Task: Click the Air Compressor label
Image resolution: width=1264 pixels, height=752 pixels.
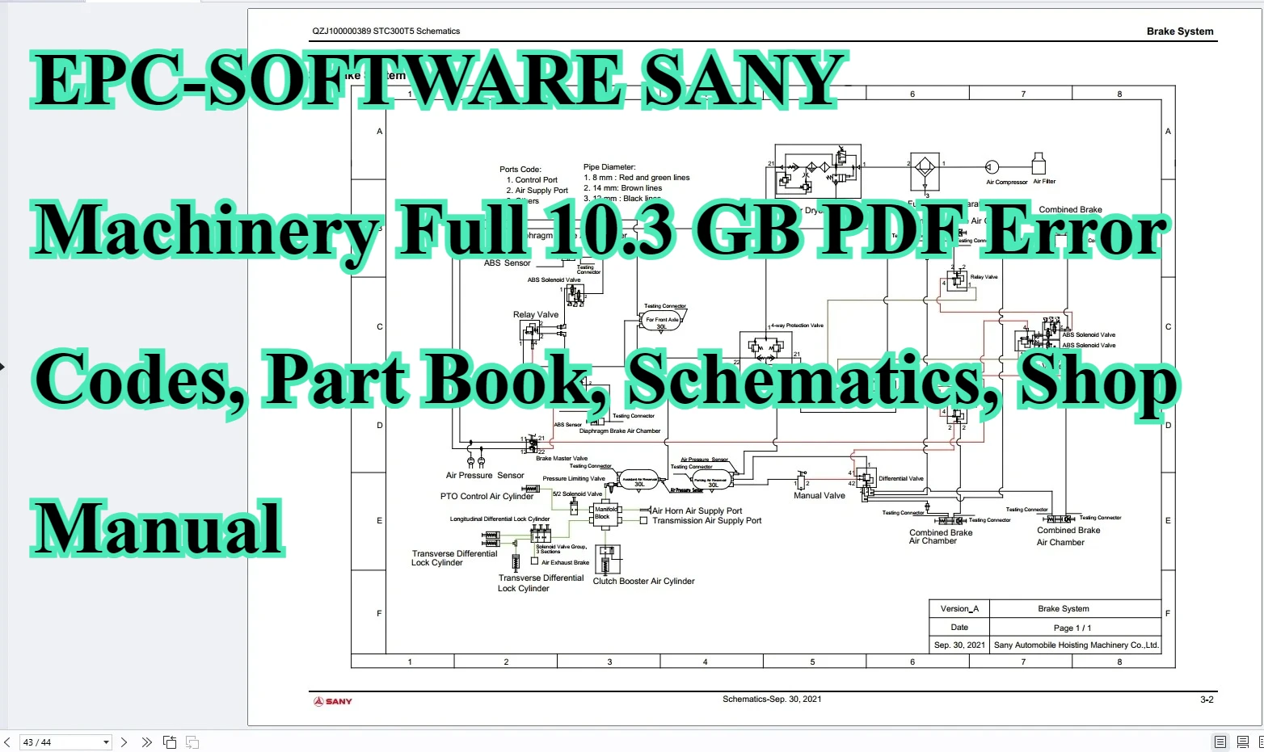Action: click(x=1006, y=183)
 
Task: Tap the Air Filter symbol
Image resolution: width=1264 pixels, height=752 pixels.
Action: click(x=1039, y=163)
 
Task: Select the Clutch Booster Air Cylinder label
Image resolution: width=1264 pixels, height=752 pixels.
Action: click(x=643, y=582)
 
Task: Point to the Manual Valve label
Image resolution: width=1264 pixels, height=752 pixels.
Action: click(x=819, y=496)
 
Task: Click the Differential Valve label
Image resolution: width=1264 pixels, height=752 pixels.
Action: click(x=900, y=479)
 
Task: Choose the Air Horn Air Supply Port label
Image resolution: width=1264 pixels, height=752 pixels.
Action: click(x=697, y=510)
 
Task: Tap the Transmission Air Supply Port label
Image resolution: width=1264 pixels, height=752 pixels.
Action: click(x=706, y=521)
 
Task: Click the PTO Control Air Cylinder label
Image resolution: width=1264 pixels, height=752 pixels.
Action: click(x=487, y=497)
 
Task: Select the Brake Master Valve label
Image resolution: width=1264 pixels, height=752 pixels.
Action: click(x=562, y=459)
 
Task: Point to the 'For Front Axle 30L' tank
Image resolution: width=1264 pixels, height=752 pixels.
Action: click(x=662, y=322)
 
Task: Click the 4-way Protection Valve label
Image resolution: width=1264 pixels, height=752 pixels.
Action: click(x=797, y=326)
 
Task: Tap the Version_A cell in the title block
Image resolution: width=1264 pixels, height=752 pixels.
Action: click(x=959, y=609)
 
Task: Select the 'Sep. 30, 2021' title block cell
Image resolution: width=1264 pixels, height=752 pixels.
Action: click(x=959, y=645)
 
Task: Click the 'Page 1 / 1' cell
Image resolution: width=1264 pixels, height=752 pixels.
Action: click(x=1072, y=628)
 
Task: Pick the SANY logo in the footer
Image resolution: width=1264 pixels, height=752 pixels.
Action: click(x=333, y=701)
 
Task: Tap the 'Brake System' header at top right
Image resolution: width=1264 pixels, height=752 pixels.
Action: click(x=1179, y=32)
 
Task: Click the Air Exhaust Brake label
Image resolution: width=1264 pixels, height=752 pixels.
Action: click(x=565, y=563)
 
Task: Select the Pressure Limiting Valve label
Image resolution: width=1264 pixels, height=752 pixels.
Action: click(x=573, y=479)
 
